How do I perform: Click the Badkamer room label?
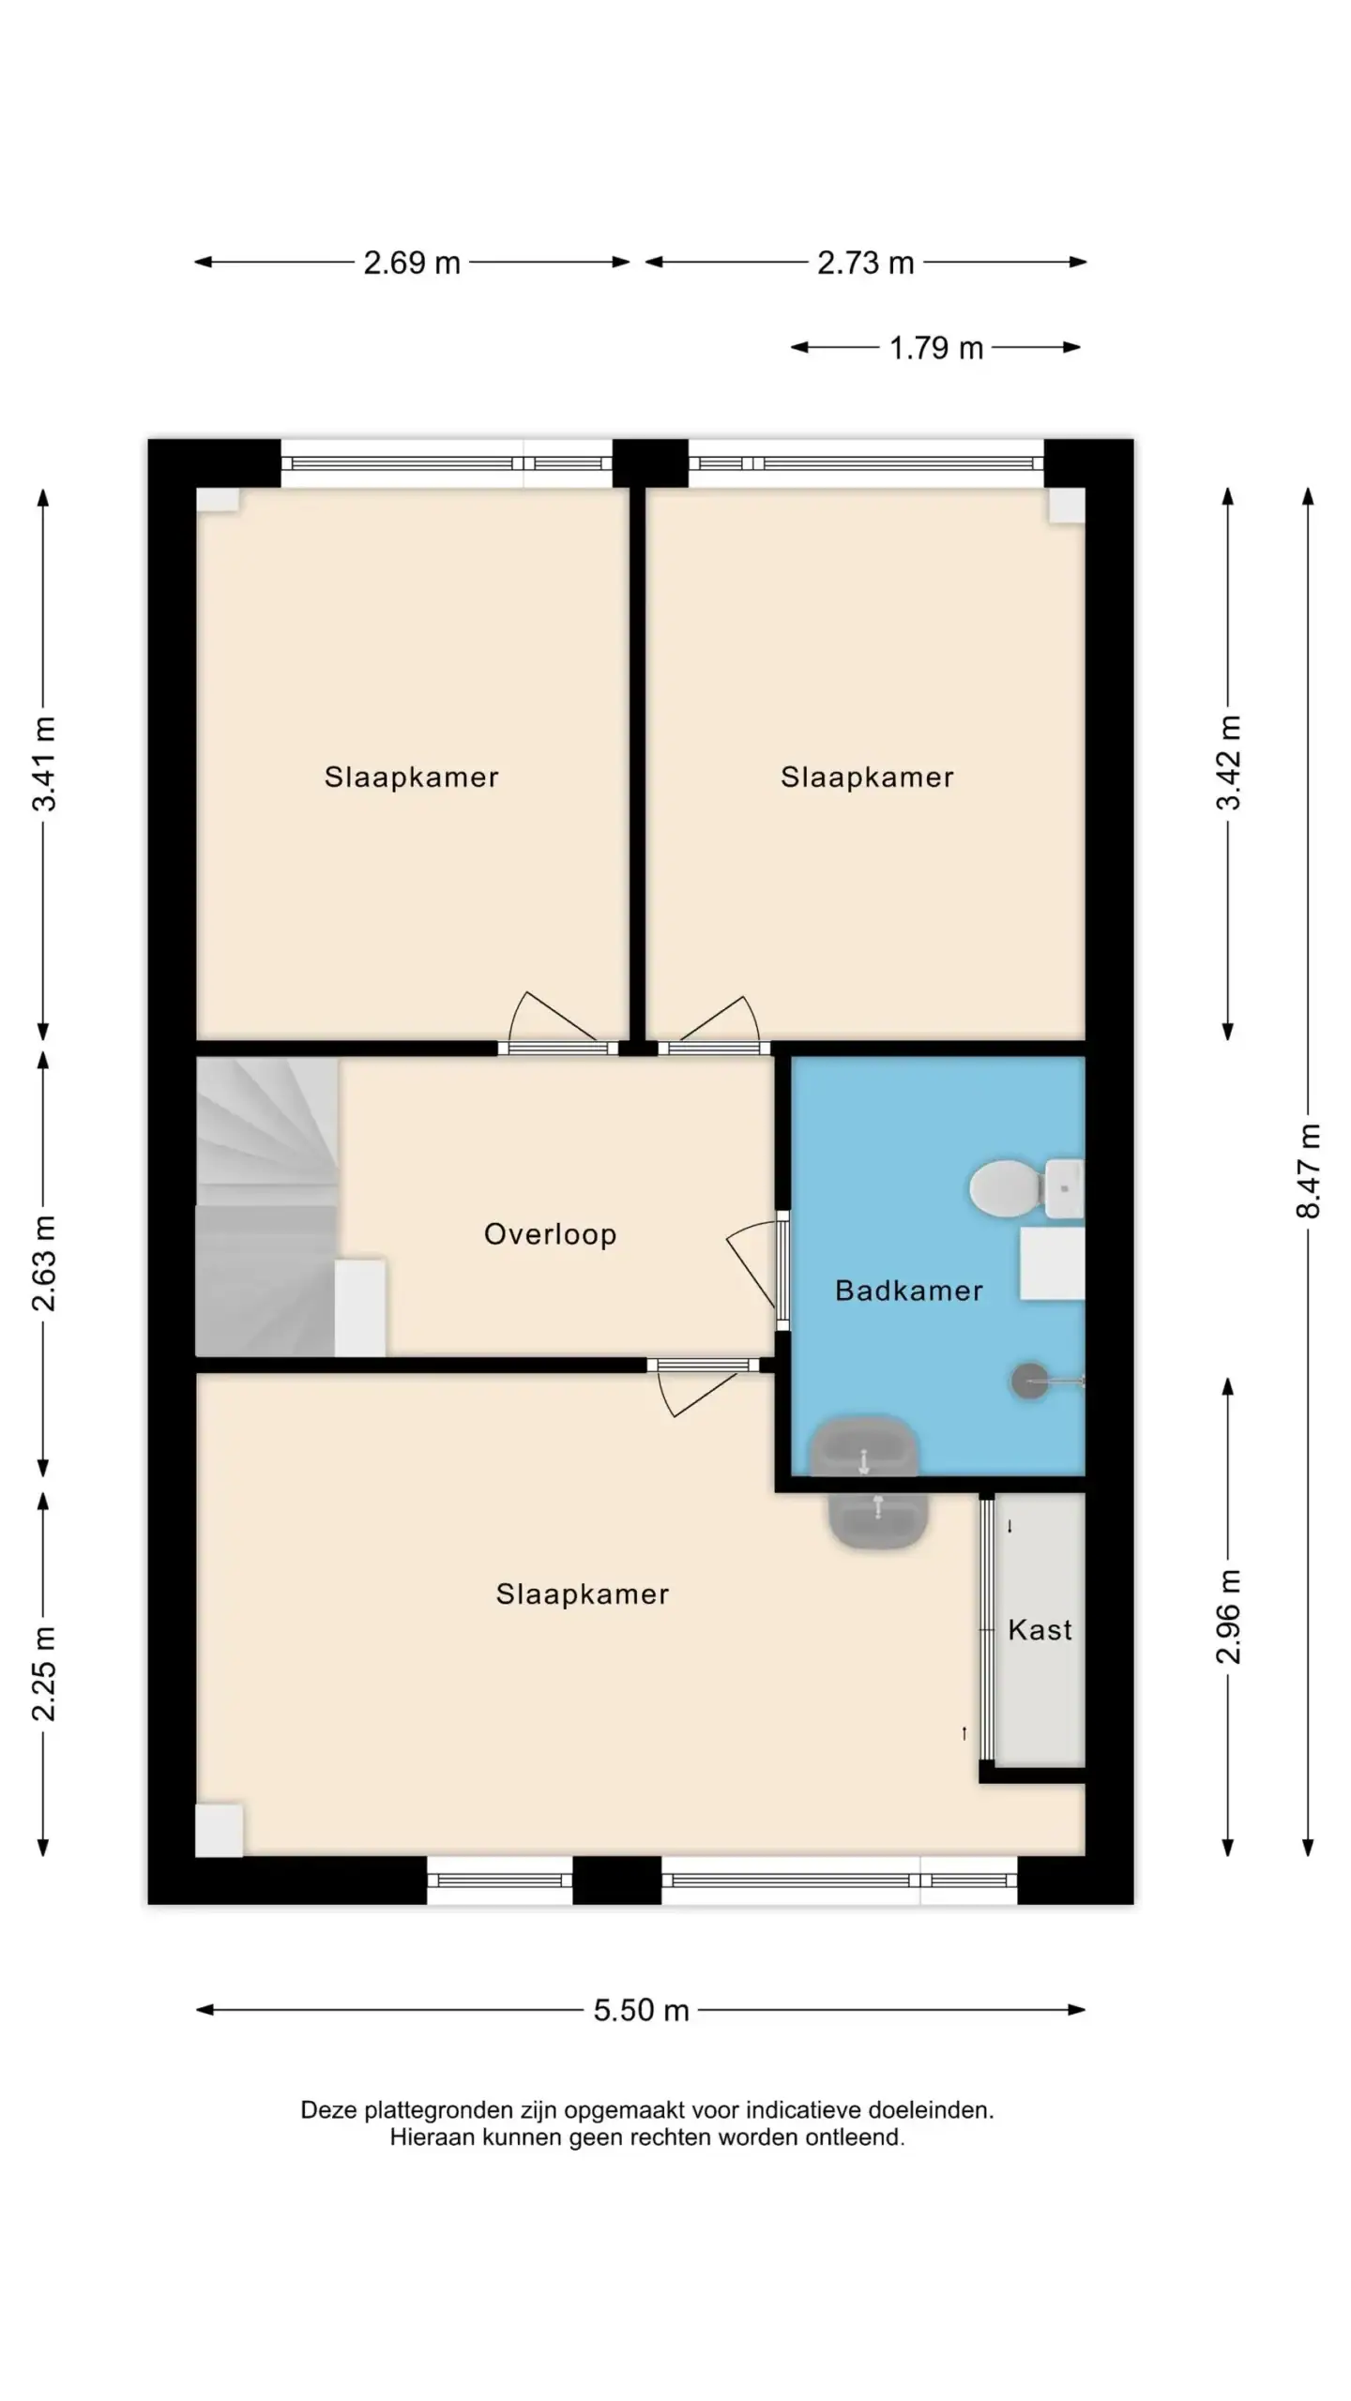click(908, 1291)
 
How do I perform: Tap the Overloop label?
click(550, 1234)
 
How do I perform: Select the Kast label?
click(1040, 1630)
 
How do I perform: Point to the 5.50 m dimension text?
click(642, 2011)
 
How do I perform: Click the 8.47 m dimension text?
click(1308, 1170)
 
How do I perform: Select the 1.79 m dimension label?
click(936, 348)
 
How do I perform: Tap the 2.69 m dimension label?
click(412, 263)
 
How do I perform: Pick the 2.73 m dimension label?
click(865, 263)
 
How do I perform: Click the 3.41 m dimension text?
click(44, 763)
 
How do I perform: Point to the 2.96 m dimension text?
click(1228, 1617)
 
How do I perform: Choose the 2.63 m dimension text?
click(44, 1262)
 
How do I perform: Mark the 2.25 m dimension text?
click(44, 1673)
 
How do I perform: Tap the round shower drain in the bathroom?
click(1029, 1382)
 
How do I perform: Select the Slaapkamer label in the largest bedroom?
click(583, 1594)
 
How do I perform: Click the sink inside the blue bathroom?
click(863, 1445)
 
